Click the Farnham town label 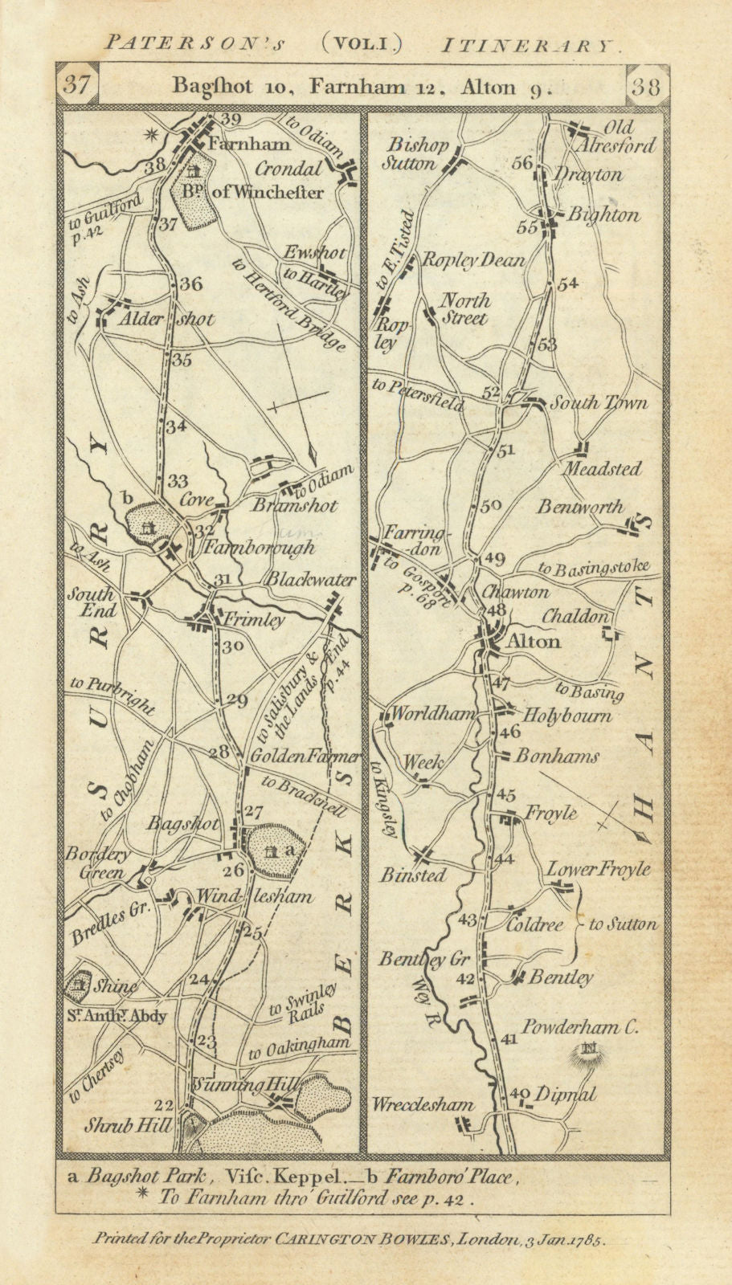pyautogui.click(x=237, y=145)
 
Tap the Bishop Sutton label pyautogui.click(x=416, y=154)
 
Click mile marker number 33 pyautogui.click(x=178, y=481)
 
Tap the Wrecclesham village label pyautogui.click(x=423, y=1104)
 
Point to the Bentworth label pyautogui.click(x=581, y=507)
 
